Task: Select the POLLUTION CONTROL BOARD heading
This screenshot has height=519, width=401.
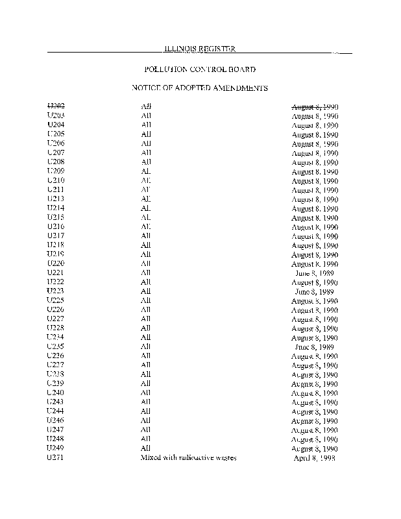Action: click(199, 69)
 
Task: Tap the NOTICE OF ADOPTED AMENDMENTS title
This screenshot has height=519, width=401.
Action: click(200, 88)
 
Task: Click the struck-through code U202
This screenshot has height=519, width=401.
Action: click(56, 106)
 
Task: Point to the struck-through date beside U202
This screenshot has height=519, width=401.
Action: click(315, 106)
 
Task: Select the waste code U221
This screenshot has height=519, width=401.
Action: click(56, 273)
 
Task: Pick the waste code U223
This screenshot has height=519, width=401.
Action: click(56, 292)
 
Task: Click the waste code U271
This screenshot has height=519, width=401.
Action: click(56, 458)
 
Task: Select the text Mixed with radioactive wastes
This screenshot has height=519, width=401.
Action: click(189, 458)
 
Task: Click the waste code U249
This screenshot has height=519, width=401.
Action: click(56, 448)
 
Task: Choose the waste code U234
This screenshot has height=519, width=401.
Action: click(56, 338)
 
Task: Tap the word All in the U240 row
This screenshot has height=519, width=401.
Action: click(146, 393)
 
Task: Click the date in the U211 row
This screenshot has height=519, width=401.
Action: click(315, 190)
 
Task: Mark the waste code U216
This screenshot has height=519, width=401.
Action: click(56, 227)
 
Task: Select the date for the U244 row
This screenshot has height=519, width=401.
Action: click(315, 411)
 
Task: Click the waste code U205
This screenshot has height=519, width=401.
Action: click(56, 134)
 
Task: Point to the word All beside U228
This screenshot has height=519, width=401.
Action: click(146, 329)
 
